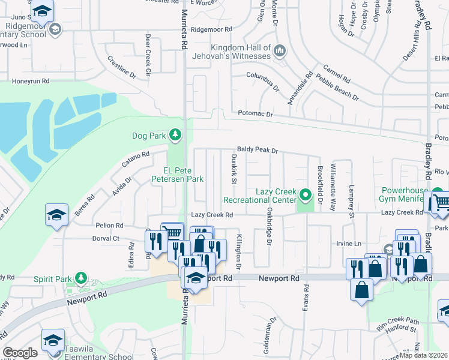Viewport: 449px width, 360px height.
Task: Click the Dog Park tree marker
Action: tap(175, 136)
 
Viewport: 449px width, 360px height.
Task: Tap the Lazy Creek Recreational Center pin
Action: tap(306, 195)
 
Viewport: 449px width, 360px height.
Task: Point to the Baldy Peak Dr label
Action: tap(258, 151)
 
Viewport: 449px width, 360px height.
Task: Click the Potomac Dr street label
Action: tap(255, 114)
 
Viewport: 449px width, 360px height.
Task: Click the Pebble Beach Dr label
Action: tap(337, 88)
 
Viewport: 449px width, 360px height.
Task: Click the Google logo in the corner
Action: tap(20, 353)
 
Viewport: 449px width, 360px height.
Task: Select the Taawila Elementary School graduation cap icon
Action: tap(53, 340)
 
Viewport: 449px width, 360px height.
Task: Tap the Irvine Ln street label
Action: tap(366, 244)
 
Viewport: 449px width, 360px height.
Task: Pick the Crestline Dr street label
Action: tap(122, 67)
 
